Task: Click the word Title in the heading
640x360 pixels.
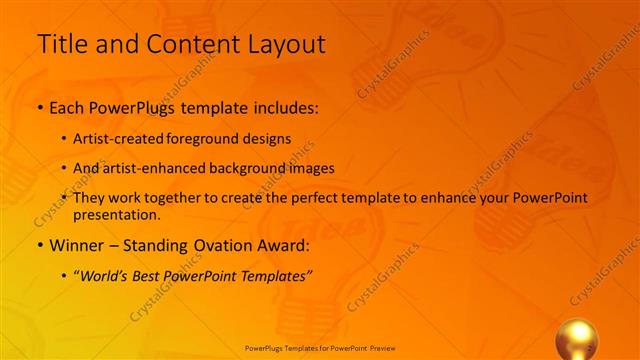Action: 61,44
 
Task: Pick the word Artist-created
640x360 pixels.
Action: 123,139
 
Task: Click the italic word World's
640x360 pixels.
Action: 105,275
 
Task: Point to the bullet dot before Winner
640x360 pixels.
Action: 39,246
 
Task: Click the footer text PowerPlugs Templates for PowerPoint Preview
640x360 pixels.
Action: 320,348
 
